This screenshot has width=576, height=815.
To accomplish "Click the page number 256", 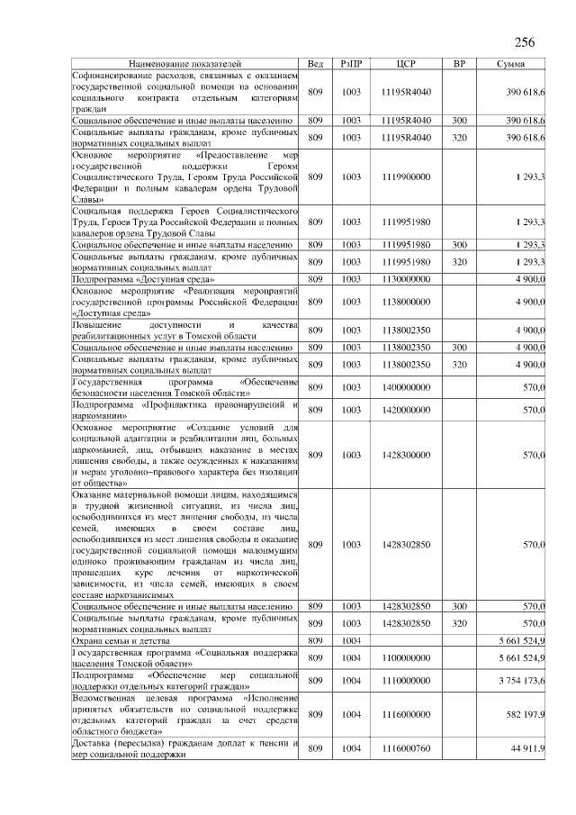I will coord(525,42).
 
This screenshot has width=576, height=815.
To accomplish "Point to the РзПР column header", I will coord(351,65).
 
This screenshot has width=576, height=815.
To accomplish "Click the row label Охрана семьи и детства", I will coord(126,640).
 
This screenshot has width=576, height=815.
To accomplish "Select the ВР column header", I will coord(459,65).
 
